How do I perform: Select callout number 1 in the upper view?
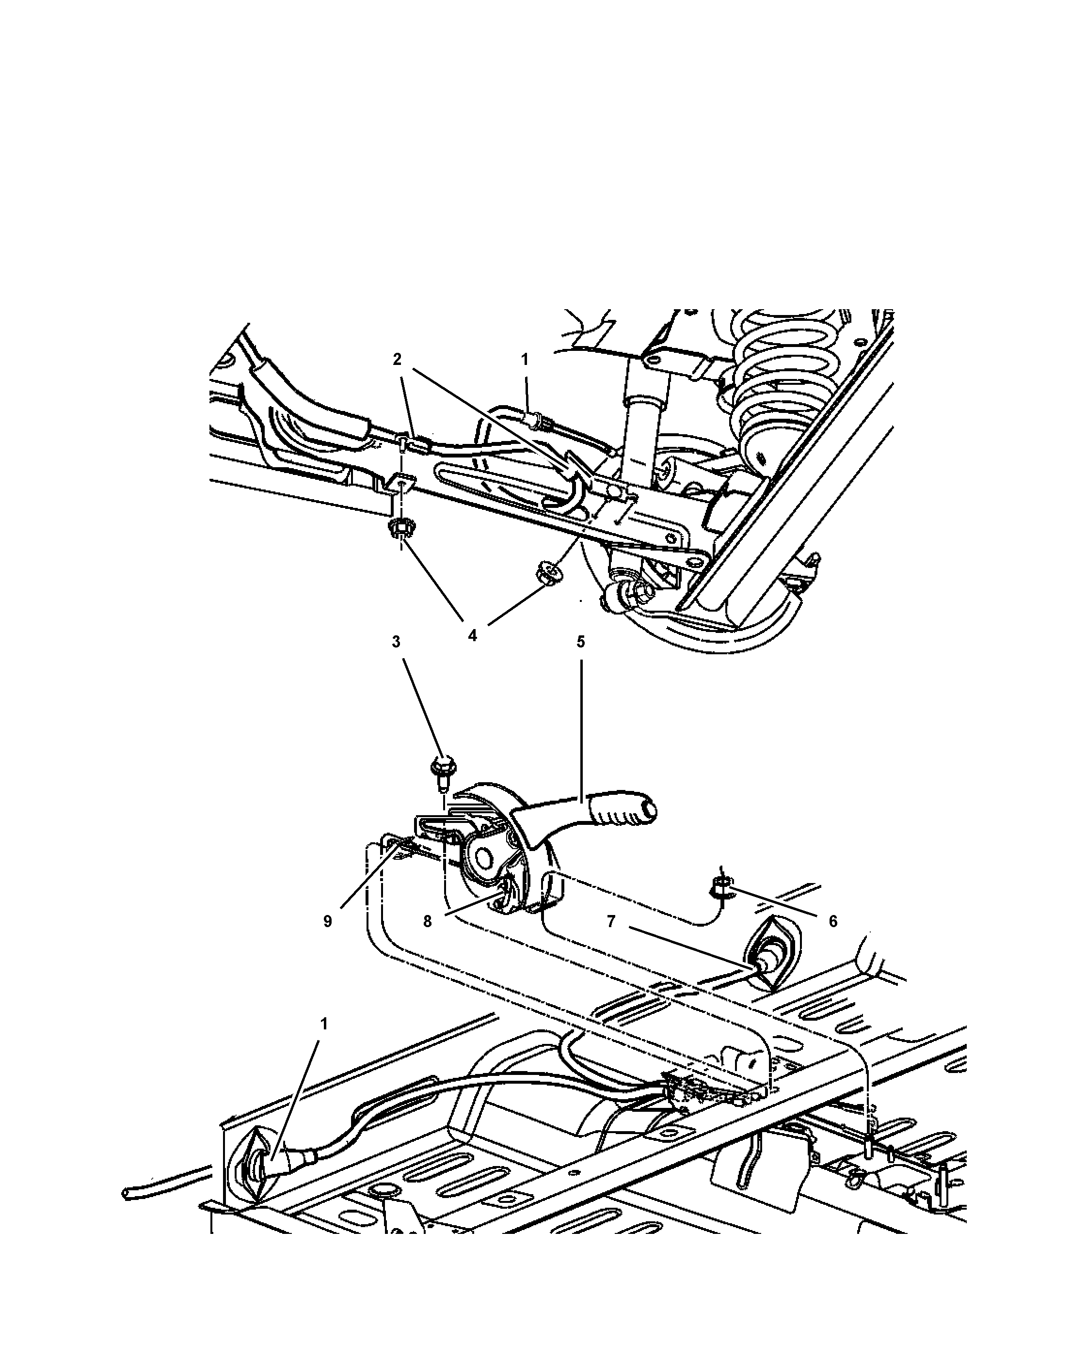(x=525, y=360)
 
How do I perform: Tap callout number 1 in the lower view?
(x=323, y=1025)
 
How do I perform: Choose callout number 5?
(x=580, y=642)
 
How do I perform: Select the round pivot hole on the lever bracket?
(x=483, y=857)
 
